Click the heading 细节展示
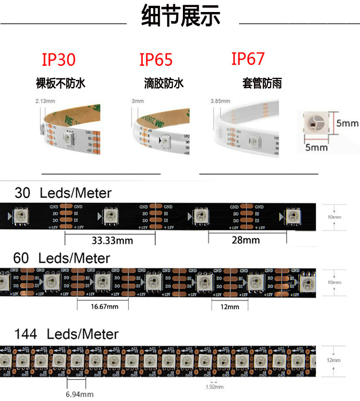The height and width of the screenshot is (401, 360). pos(181,17)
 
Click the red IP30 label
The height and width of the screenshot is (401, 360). pos(59,60)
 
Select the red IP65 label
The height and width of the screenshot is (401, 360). pos(156,60)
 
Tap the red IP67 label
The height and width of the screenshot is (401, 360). pos(248,59)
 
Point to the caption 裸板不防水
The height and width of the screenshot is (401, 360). pos(60,84)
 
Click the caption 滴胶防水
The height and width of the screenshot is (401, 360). pos(164,84)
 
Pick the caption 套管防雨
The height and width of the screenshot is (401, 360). pos(262,84)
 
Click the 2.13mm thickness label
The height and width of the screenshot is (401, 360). pos(45,101)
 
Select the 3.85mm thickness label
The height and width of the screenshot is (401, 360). pos(220,101)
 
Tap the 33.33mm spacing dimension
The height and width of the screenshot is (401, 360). pos(112,240)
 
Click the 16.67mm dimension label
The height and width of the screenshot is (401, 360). pos(104,306)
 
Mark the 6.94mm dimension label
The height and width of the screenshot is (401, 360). pos(80,394)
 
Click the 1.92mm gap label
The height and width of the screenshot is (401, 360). pos(214,387)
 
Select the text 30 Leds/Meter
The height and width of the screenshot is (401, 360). pos(63,193)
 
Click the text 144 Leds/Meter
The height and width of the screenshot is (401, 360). pos(66,334)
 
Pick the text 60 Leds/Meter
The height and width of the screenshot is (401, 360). pos(62,258)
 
